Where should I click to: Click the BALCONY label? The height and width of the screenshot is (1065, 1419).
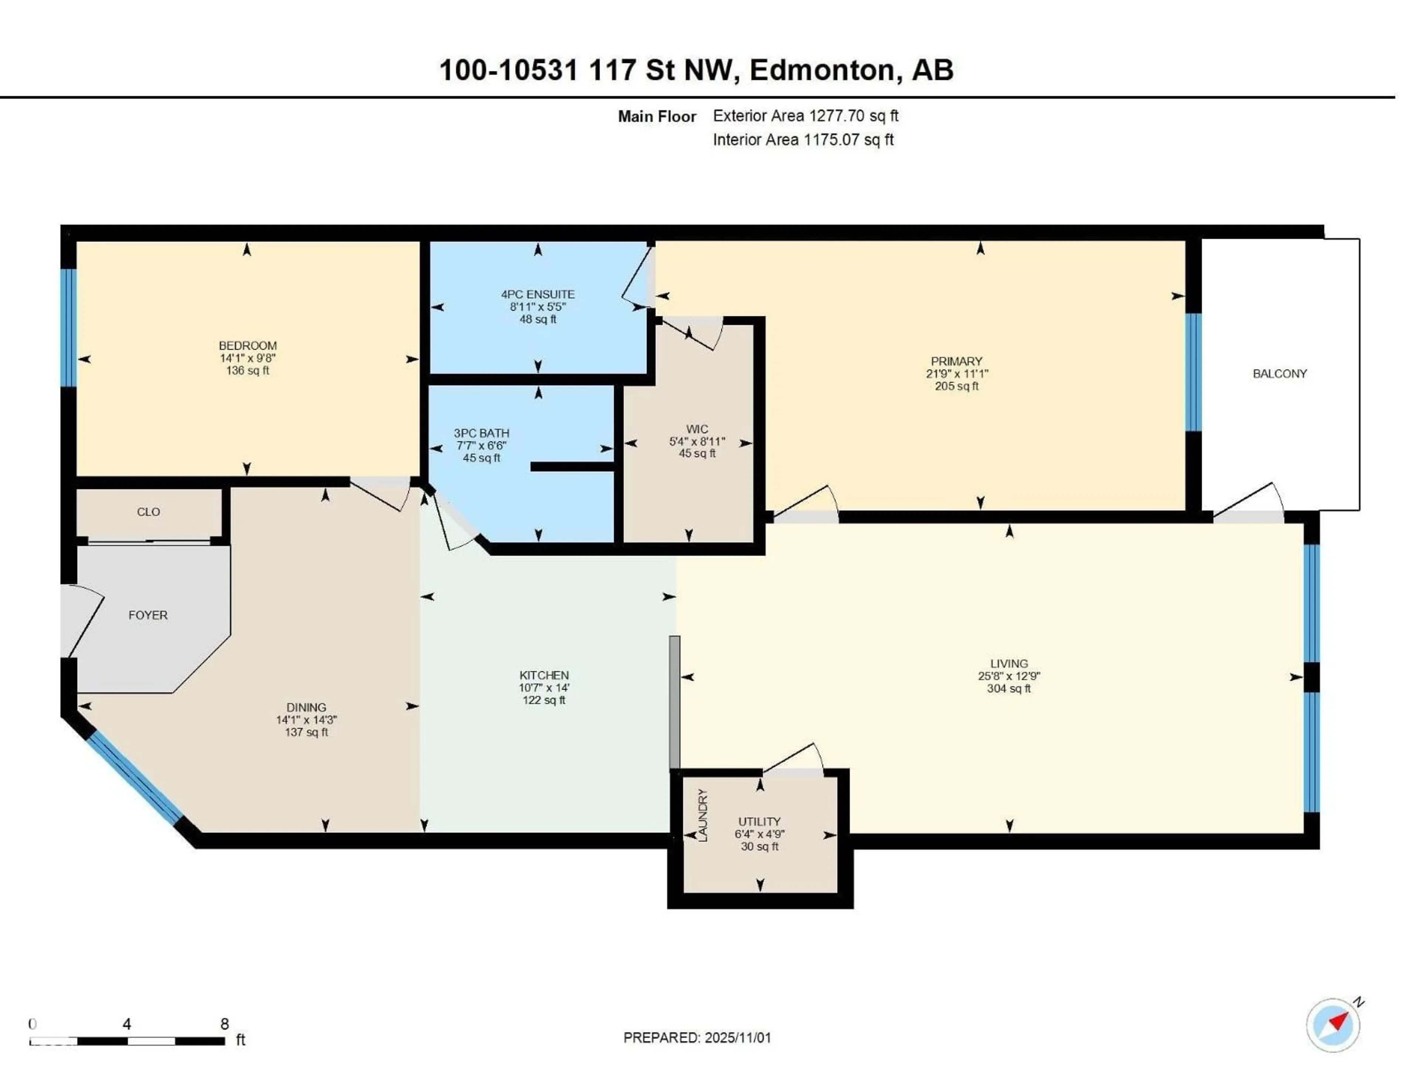point(1279,373)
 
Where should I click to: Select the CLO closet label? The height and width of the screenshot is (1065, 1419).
point(148,512)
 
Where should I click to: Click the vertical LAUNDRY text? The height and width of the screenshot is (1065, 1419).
point(702,815)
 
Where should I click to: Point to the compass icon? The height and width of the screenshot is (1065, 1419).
point(1333,1025)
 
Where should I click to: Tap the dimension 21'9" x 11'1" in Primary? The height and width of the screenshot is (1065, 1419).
point(956,373)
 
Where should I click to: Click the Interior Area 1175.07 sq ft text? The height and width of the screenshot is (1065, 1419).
point(803,139)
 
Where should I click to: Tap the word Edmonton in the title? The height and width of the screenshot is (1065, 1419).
point(822,69)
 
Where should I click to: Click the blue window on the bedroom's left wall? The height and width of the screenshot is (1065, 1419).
point(68,327)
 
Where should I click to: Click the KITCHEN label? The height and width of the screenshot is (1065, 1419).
point(544,675)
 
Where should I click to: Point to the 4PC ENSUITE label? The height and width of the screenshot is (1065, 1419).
point(538,294)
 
